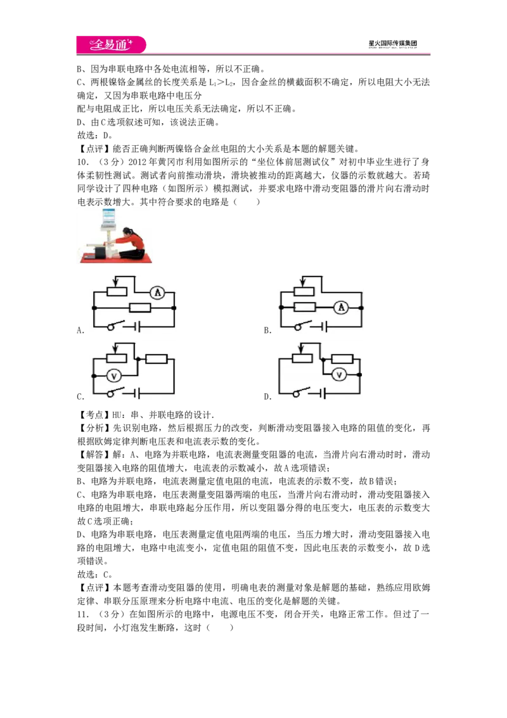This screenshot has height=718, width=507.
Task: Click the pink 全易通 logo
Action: point(111,45)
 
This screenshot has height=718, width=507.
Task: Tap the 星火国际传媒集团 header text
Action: point(392,44)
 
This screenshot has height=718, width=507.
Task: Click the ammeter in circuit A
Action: point(157,292)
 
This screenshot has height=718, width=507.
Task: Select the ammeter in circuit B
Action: point(341,308)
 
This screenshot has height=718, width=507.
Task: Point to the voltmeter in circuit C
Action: point(114,376)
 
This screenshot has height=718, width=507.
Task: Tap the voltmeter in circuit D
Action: point(339,375)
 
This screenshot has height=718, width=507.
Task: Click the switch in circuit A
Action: point(116,325)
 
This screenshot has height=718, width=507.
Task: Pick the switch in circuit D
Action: point(302,393)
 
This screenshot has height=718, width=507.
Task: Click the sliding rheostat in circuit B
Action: point(304,287)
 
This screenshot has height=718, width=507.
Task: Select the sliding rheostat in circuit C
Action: point(117,353)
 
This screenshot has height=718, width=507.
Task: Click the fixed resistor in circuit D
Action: point(342,359)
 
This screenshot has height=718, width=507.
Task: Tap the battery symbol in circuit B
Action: point(323,327)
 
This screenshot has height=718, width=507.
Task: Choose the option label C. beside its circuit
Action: point(80,396)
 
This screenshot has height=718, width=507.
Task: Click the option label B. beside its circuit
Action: point(267,330)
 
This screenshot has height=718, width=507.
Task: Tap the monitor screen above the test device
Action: point(109,216)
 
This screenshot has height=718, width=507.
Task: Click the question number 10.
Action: point(82,162)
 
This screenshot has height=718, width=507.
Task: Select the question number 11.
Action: point(82,614)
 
